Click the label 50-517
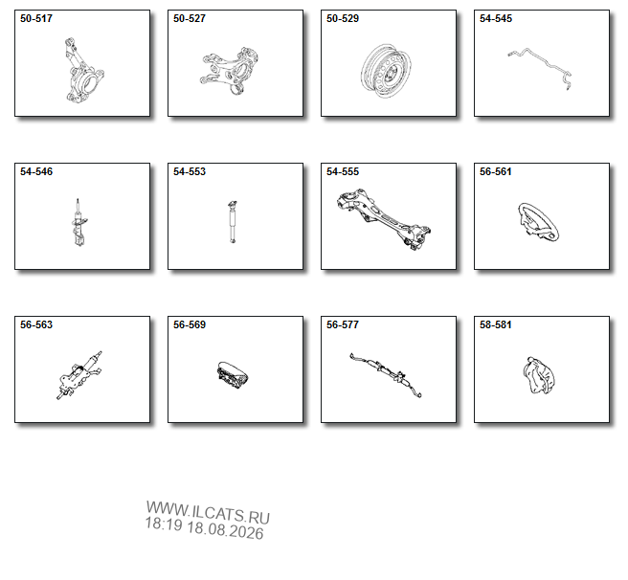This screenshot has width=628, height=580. click(36, 18)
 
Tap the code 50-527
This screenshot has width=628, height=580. click(189, 18)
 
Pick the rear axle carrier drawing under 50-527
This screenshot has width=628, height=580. click(230, 71)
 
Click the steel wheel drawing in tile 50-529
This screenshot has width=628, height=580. click(386, 71)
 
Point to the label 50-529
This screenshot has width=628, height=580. click(343, 18)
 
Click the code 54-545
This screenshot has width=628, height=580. click(496, 18)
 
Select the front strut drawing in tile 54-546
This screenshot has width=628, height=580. click(78, 222)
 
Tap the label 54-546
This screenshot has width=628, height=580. click(36, 171)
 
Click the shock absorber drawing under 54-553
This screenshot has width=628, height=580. click(233, 222)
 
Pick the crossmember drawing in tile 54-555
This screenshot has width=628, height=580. click(384, 219)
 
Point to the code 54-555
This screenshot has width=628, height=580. click(343, 171)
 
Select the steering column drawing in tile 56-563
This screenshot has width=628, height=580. click(78, 375)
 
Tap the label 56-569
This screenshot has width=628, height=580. click(189, 324)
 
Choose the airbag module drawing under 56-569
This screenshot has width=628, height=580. click(232, 376)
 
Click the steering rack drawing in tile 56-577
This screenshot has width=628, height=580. click(385, 374)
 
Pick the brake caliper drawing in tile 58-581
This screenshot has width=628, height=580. click(540, 375)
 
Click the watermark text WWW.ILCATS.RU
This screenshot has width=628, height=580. click(208, 513)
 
